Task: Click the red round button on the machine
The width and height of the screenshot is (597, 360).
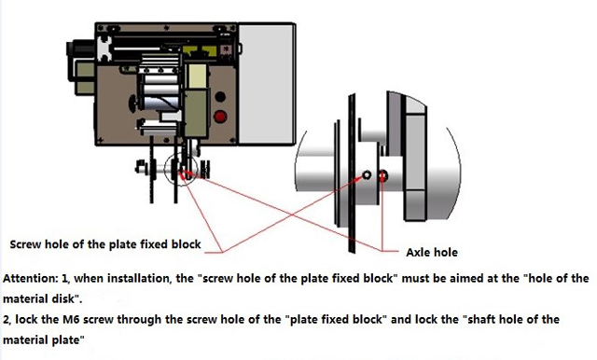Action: [x=222, y=117]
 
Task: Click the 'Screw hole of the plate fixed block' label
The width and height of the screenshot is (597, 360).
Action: [x=104, y=244]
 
